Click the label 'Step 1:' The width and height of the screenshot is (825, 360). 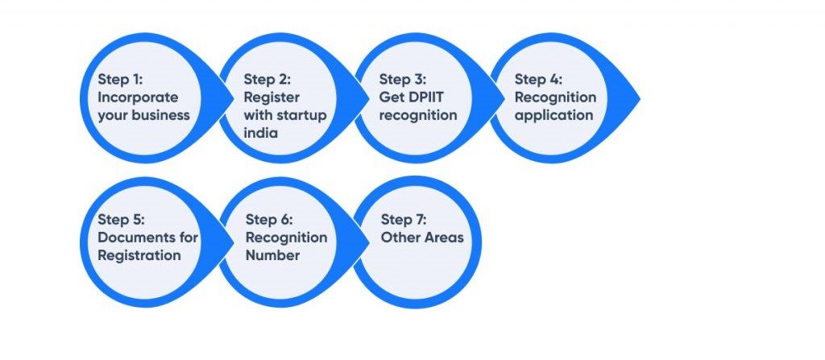pyautogui.click(x=120, y=80)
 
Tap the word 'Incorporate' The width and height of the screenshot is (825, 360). pyautogui.click(x=138, y=97)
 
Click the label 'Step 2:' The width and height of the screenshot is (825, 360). pyautogui.click(x=267, y=80)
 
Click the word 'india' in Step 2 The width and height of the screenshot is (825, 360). pyautogui.click(x=260, y=133)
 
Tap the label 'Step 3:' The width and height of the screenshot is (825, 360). pyautogui.click(x=403, y=80)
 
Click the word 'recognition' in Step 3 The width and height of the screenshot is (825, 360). pyautogui.click(x=418, y=116)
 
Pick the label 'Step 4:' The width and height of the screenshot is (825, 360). pyautogui.click(x=538, y=80)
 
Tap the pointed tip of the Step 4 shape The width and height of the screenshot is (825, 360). pyautogui.click(x=640, y=98)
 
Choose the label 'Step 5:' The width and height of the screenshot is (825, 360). pyautogui.click(x=121, y=220)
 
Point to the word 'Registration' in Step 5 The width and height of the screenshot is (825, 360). pyautogui.click(x=139, y=256)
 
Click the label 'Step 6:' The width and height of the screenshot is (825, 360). pyautogui.click(x=269, y=220)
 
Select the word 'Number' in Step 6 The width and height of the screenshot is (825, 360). pyautogui.click(x=272, y=255)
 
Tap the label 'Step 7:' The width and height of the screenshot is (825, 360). pyautogui.click(x=404, y=220)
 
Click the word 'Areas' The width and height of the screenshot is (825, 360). pyautogui.click(x=445, y=238)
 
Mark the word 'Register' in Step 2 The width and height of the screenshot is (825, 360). pyautogui.click(x=272, y=98)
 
